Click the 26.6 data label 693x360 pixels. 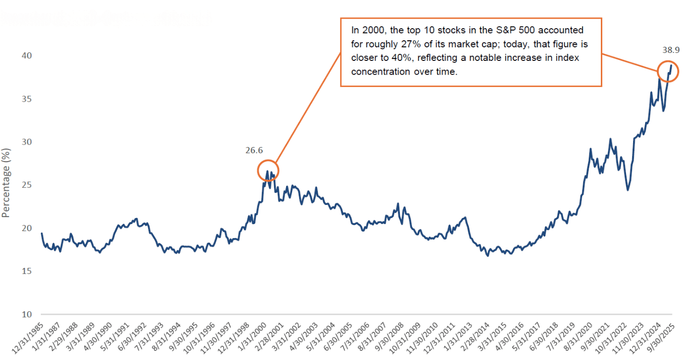tap(254, 150)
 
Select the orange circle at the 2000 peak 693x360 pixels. tap(267, 171)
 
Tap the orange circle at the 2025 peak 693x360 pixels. tap(668, 71)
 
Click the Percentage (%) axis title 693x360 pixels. tap(6, 182)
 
